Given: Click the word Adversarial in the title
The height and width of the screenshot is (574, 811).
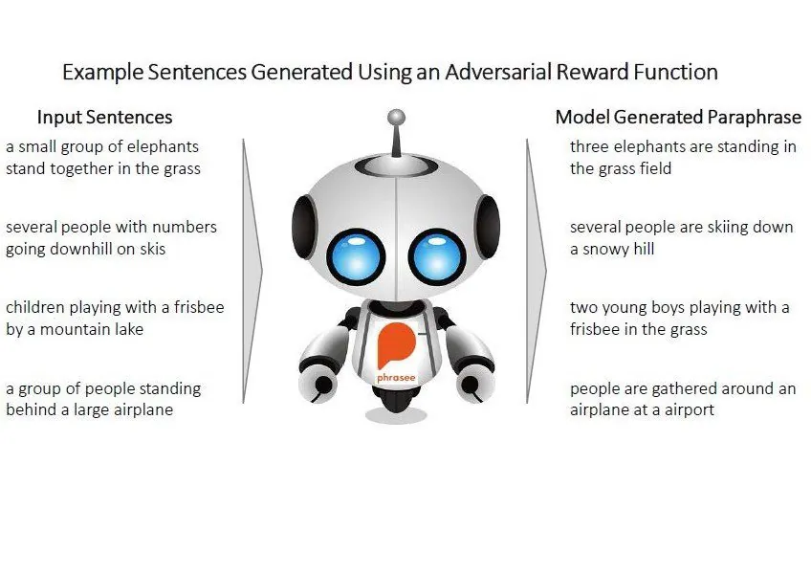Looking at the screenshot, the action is (x=498, y=72).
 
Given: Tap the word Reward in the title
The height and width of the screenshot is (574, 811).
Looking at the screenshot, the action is (x=593, y=72).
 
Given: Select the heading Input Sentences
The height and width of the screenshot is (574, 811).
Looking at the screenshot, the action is (x=104, y=117).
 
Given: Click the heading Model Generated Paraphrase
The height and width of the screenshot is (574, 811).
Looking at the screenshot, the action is (x=678, y=117).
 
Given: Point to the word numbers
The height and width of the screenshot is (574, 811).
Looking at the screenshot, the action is (x=185, y=227).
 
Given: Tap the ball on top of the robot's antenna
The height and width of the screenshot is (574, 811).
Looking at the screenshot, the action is (x=396, y=117).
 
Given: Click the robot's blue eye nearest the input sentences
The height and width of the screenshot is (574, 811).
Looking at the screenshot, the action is (x=356, y=257).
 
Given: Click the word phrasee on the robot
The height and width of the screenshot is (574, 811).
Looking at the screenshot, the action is (x=396, y=378).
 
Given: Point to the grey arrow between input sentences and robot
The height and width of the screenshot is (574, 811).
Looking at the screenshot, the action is (x=252, y=271).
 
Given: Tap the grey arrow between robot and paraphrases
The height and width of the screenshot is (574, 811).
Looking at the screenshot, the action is (x=537, y=271).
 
